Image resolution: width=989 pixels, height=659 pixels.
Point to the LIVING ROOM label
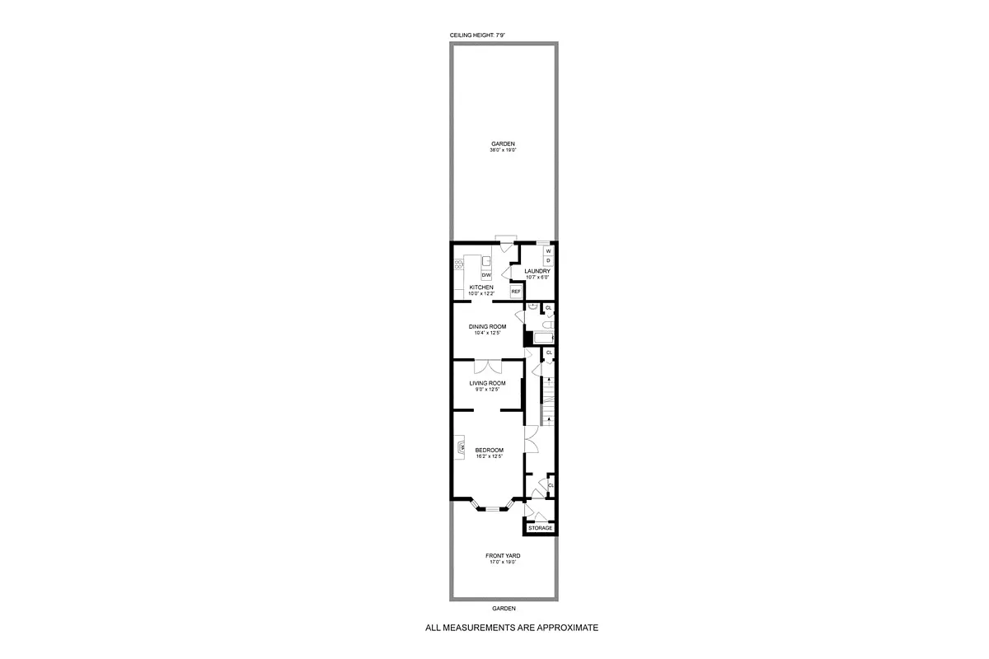point(488,383)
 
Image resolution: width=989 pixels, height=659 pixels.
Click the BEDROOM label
point(489,450)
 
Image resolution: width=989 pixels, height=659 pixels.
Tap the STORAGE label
point(541,528)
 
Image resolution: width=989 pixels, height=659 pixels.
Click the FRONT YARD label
point(502,556)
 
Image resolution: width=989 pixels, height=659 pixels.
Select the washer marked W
point(548,250)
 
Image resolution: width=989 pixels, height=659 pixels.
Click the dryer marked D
point(548,260)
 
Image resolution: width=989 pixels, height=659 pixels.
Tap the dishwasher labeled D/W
point(498,275)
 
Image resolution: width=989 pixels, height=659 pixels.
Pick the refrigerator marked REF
point(516,292)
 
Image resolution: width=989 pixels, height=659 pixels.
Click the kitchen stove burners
point(459,265)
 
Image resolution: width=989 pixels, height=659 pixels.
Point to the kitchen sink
point(487,261)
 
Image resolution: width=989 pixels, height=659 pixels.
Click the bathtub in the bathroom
point(543,337)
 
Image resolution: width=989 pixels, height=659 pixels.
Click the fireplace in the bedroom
point(457,448)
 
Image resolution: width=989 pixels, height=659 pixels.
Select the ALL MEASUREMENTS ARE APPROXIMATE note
point(511,628)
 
